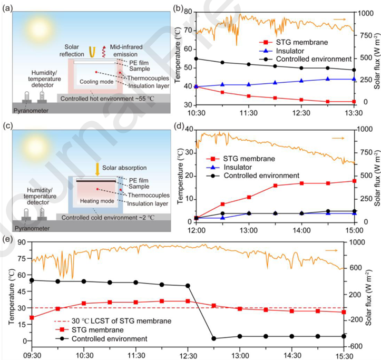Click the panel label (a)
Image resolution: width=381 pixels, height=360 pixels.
pyautogui.click(x=8, y=8)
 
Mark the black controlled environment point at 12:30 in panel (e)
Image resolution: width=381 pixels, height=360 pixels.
pyautogui.click(x=188, y=286)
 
